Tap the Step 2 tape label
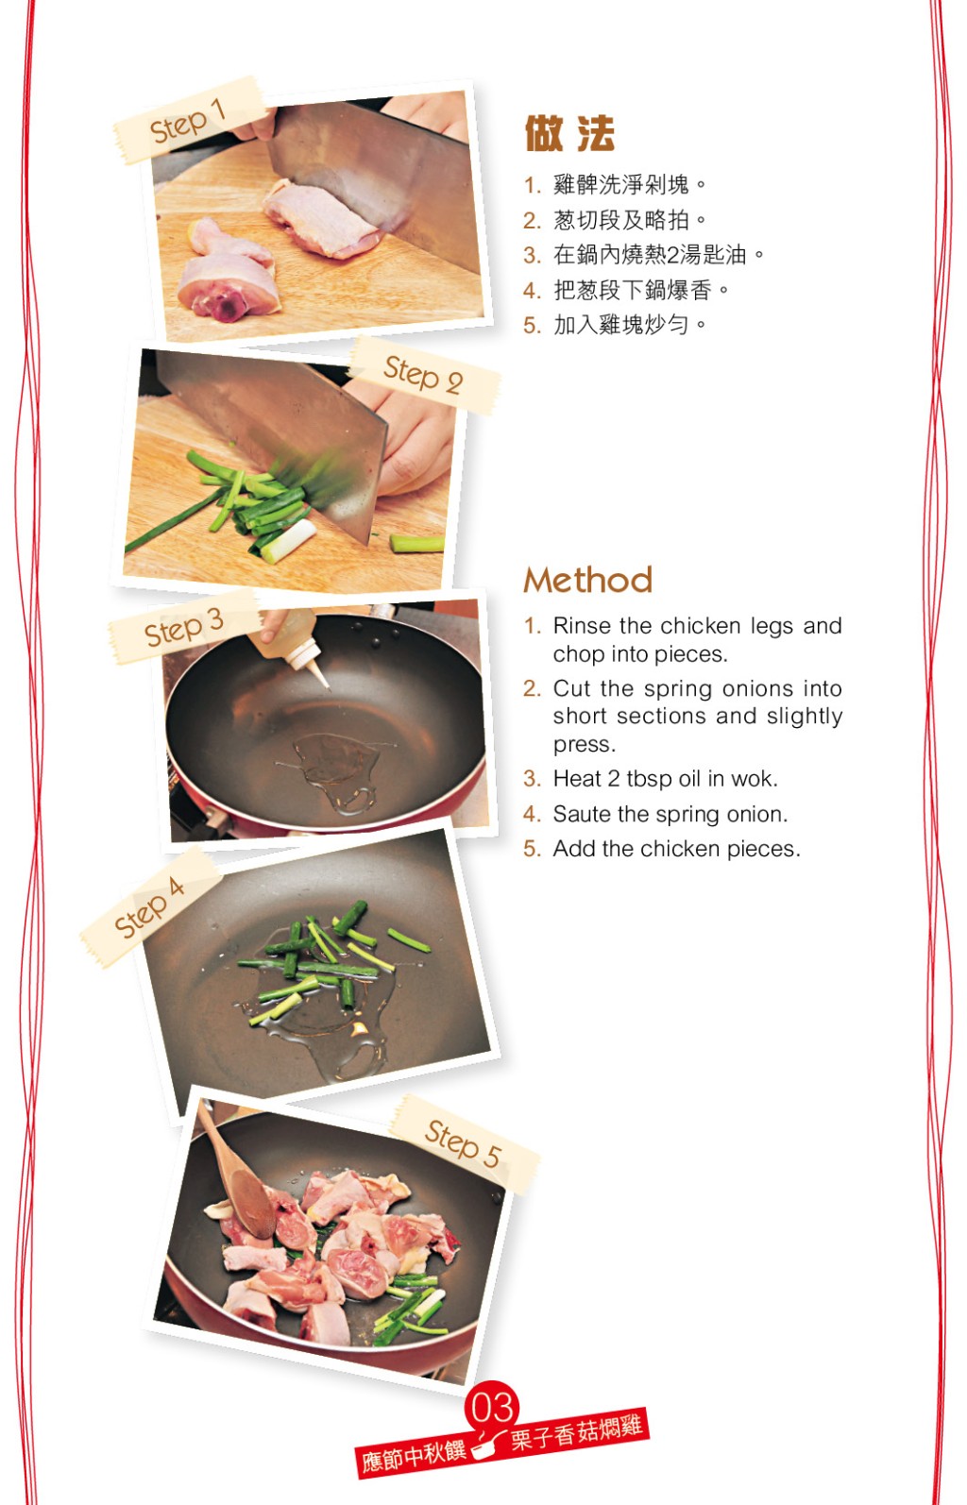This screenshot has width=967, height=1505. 425,375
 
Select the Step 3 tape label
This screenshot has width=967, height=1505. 184,627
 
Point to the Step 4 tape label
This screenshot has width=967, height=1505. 150,906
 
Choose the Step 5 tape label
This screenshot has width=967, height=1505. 464,1143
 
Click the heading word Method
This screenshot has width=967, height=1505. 587,579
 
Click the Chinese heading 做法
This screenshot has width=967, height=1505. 569,133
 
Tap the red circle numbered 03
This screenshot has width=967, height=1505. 492,1406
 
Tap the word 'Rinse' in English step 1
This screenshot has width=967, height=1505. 582,626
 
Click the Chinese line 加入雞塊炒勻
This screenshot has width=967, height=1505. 621,325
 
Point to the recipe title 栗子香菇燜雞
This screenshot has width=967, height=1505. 577,1433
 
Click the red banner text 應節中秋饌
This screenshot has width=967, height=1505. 414,1457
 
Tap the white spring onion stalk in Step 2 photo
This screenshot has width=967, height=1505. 289,541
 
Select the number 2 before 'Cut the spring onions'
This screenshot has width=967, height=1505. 532,688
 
